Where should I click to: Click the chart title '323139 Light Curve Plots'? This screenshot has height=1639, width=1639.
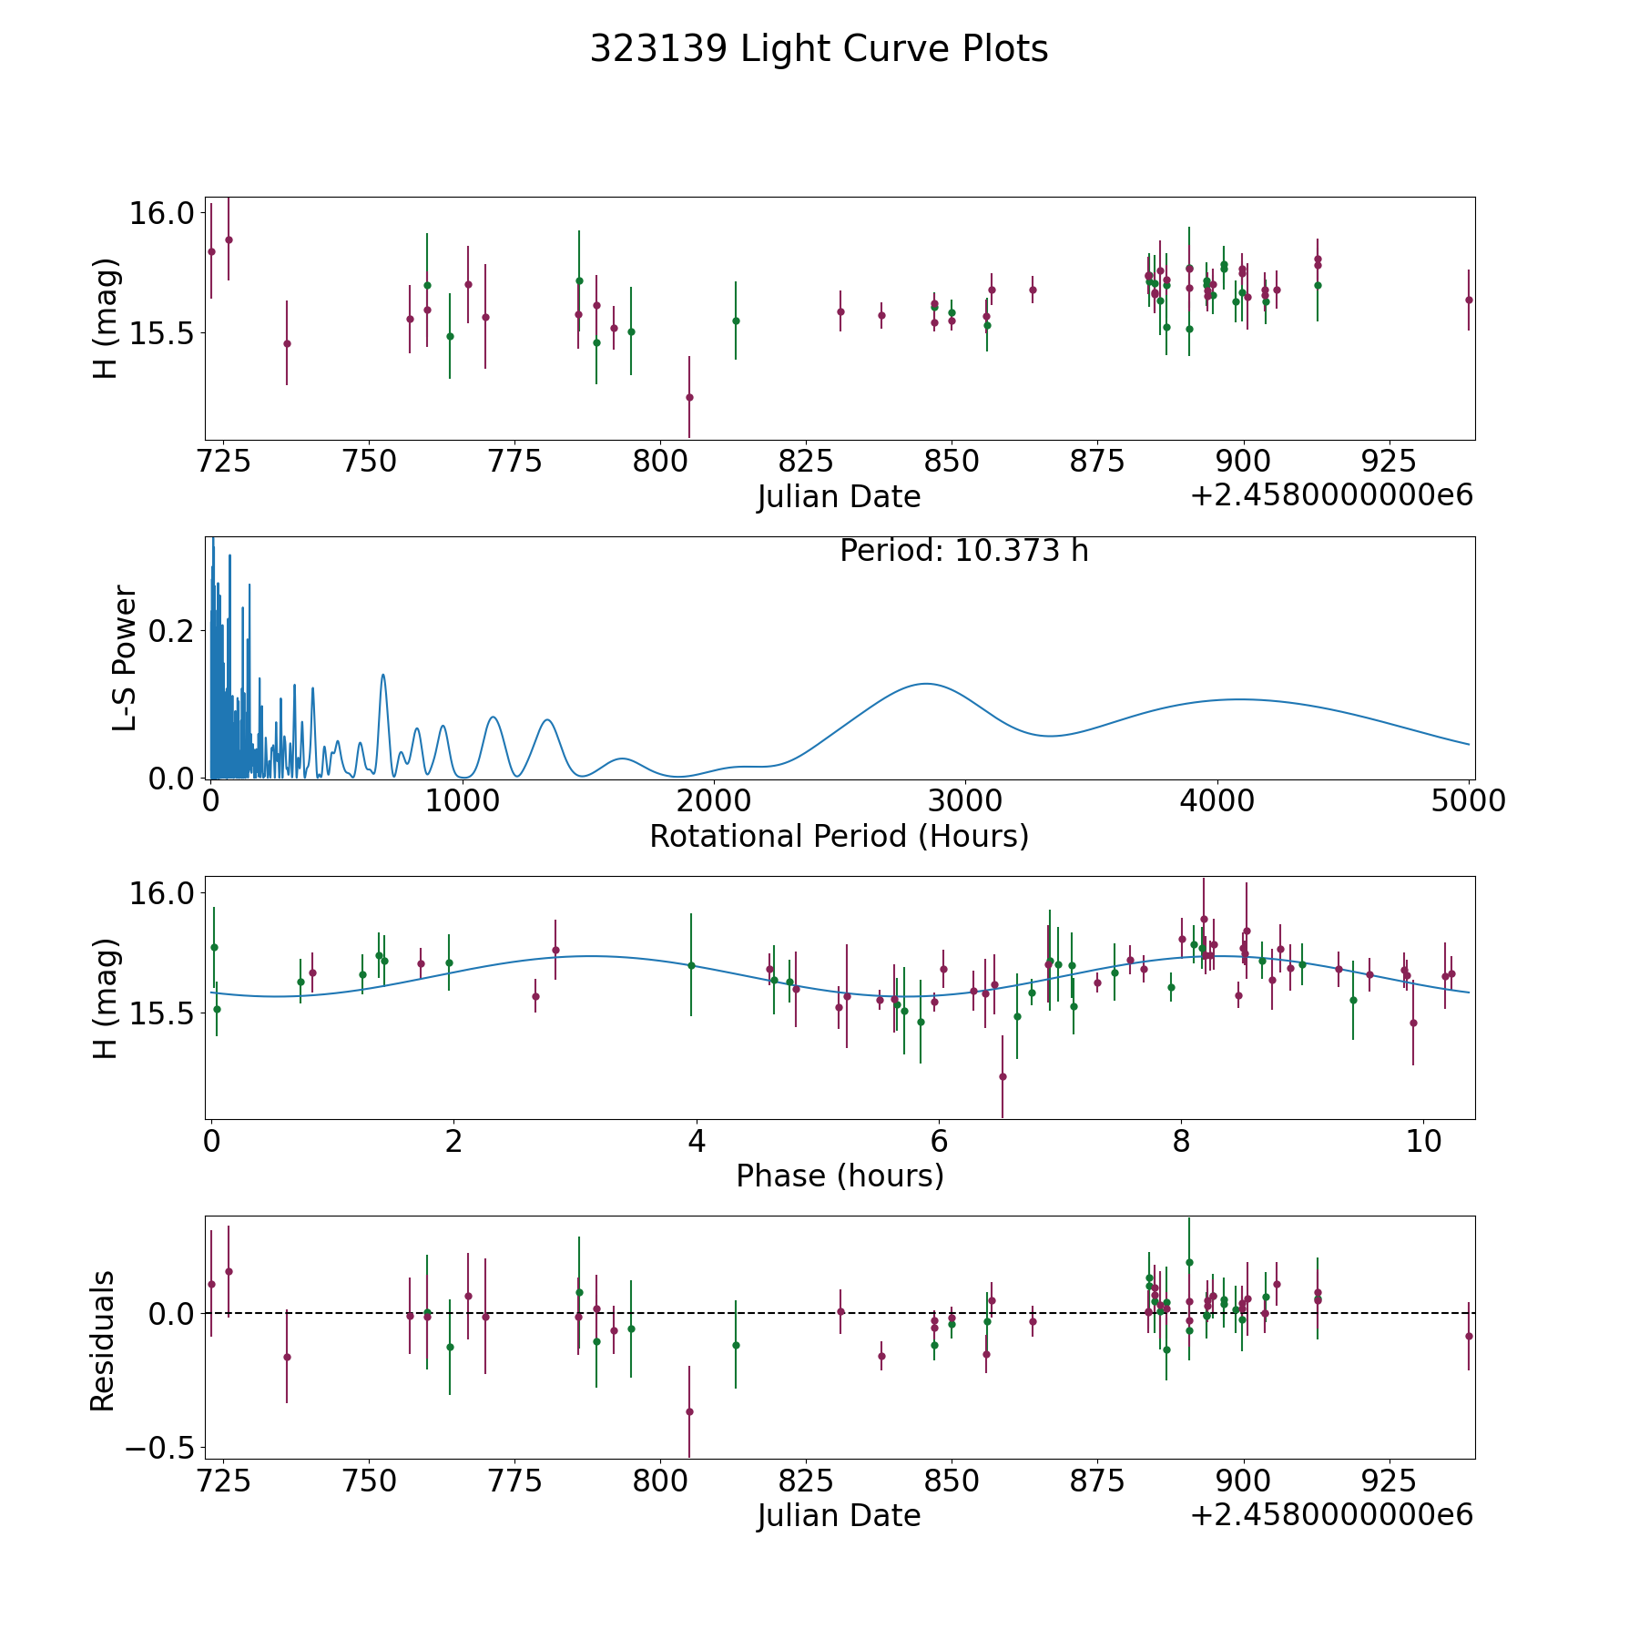pos(819,49)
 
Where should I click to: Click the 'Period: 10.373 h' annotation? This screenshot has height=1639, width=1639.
pos(963,551)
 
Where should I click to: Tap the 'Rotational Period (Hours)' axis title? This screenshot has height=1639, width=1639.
pos(839,836)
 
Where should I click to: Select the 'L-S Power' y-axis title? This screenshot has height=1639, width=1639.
pos(125,658)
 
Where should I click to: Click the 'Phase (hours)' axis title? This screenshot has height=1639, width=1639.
pos(839,1176)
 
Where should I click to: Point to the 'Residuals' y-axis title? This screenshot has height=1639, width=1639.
pos(103,1340)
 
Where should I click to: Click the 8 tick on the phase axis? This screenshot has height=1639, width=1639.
pos(1181,1141)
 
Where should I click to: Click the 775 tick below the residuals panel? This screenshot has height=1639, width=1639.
pos(514,1481)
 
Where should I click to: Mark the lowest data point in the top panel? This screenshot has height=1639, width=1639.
pos(689,397)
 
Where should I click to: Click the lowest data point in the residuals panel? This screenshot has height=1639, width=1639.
pos(689,1411)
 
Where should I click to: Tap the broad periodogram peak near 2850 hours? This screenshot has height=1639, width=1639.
pos(926,683)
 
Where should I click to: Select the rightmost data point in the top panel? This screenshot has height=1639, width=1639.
pos(1468,300)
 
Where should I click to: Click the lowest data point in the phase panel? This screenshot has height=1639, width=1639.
pos(1002,1076)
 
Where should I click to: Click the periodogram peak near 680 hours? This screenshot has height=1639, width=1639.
pos(382,675)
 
